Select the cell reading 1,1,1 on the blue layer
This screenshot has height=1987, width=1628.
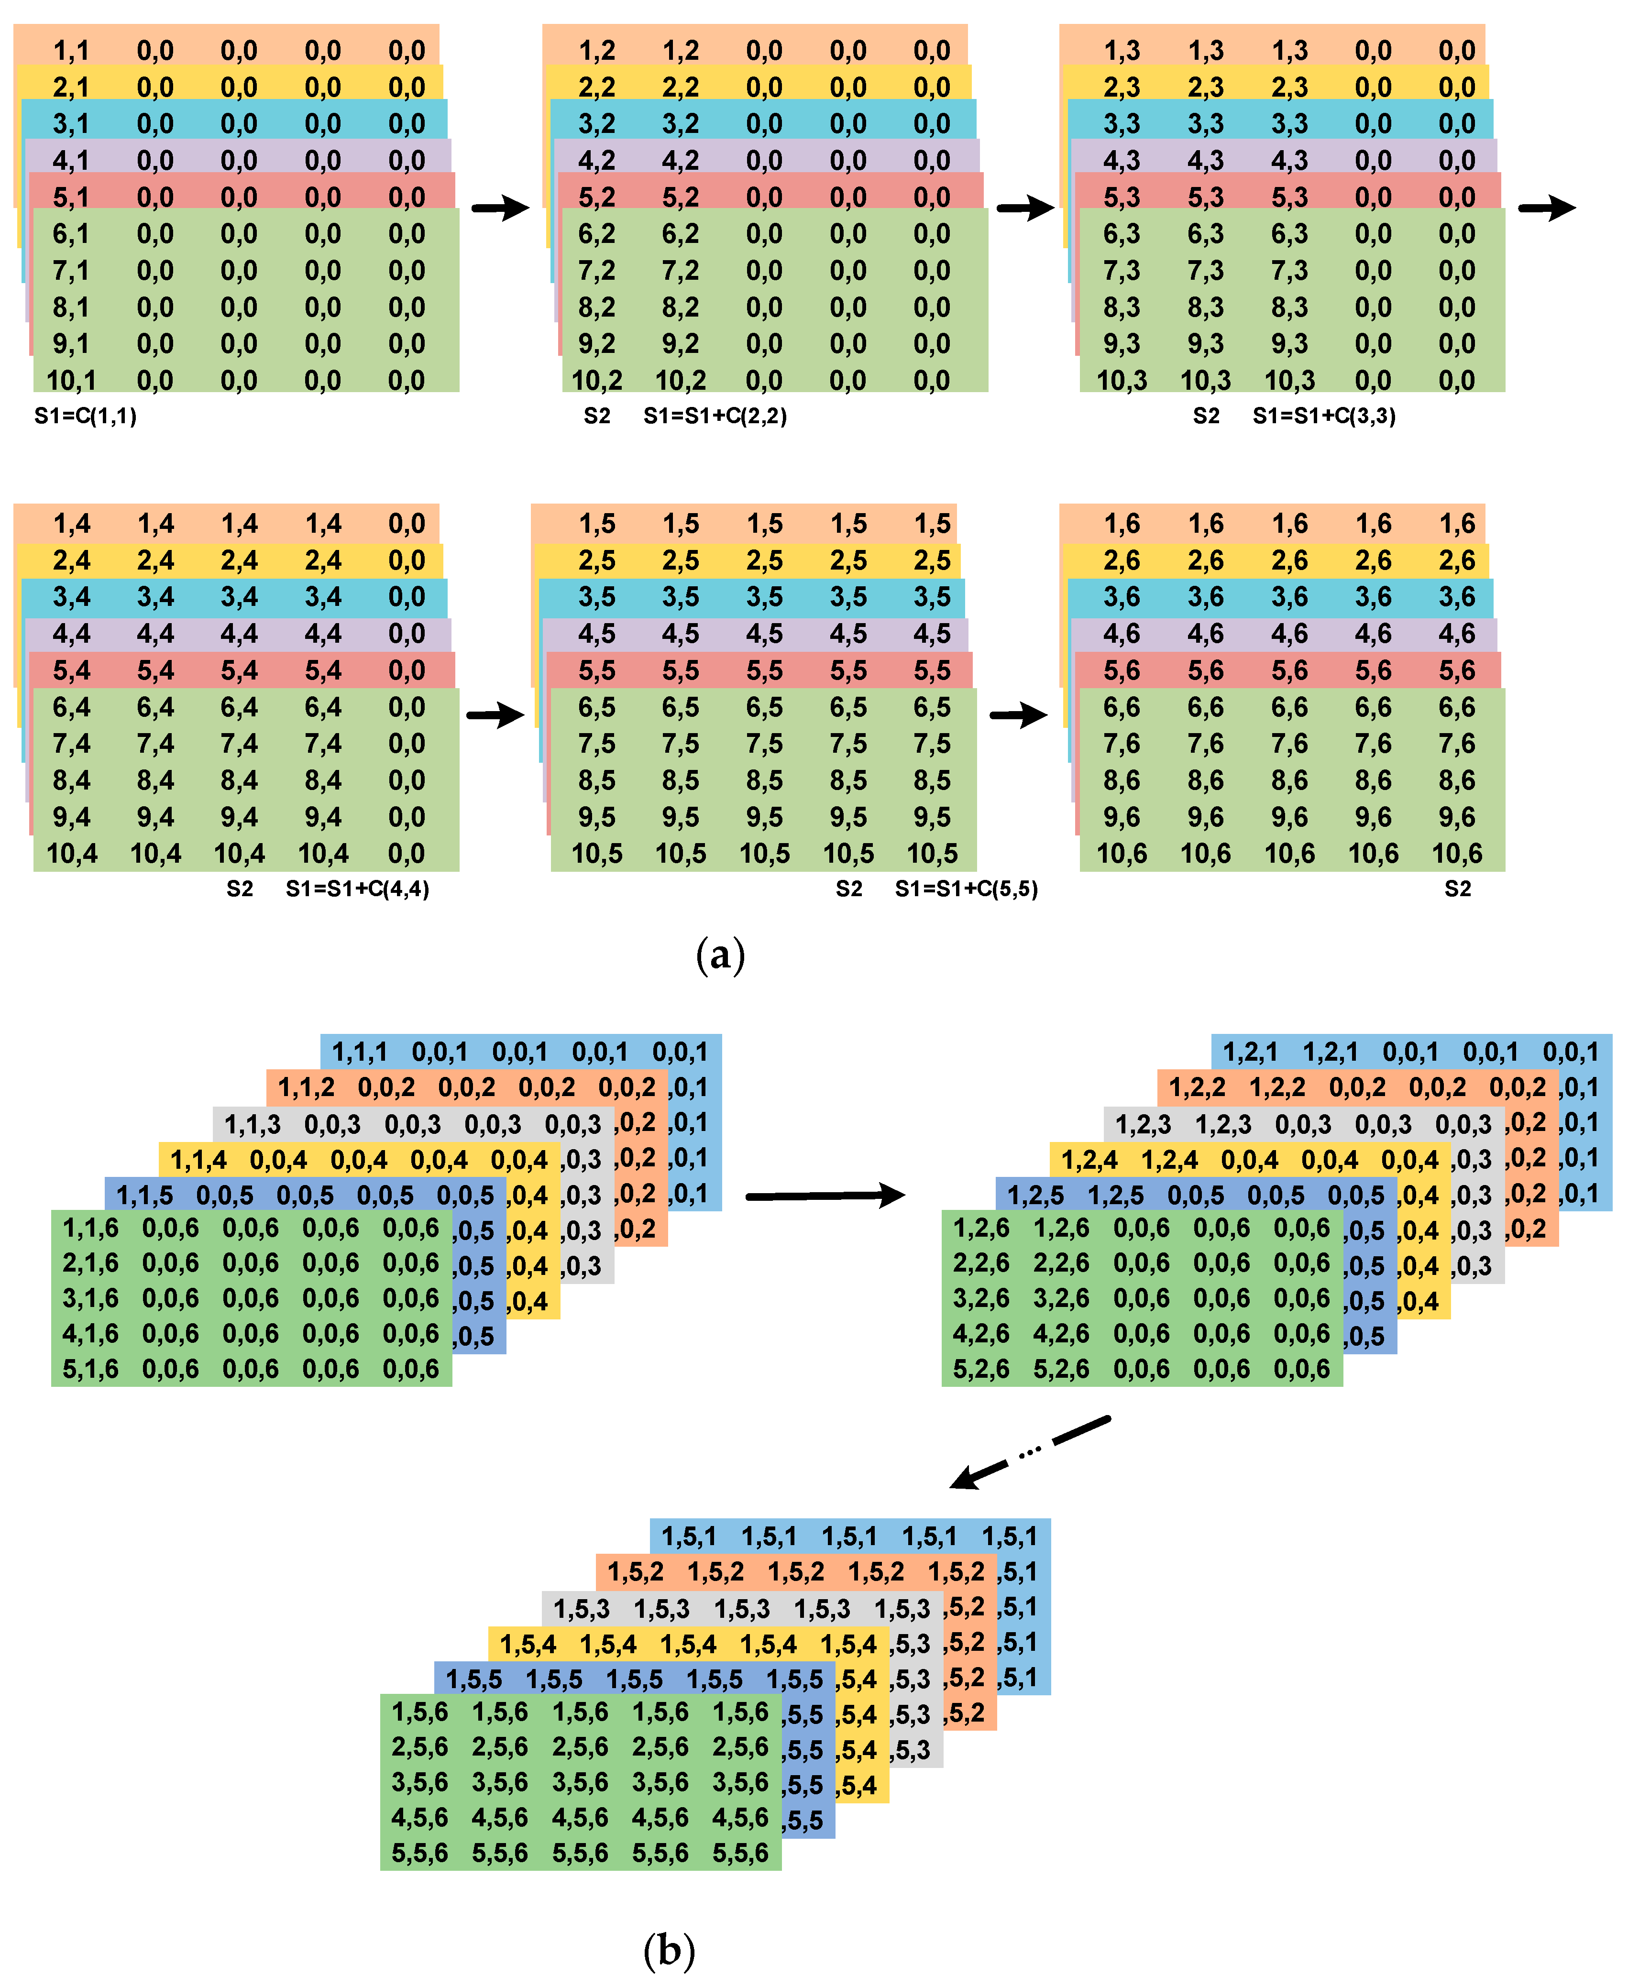click(359, 1052)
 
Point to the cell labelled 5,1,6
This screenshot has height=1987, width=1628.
click(90, 1369)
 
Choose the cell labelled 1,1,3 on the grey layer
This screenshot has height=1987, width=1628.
click(252, 1123)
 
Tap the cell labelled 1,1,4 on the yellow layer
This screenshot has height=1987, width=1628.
click(198, 1160)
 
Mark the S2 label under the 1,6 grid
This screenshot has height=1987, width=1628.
click(1457, 889)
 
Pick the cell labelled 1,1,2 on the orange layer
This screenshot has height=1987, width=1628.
click(306, 1088)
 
